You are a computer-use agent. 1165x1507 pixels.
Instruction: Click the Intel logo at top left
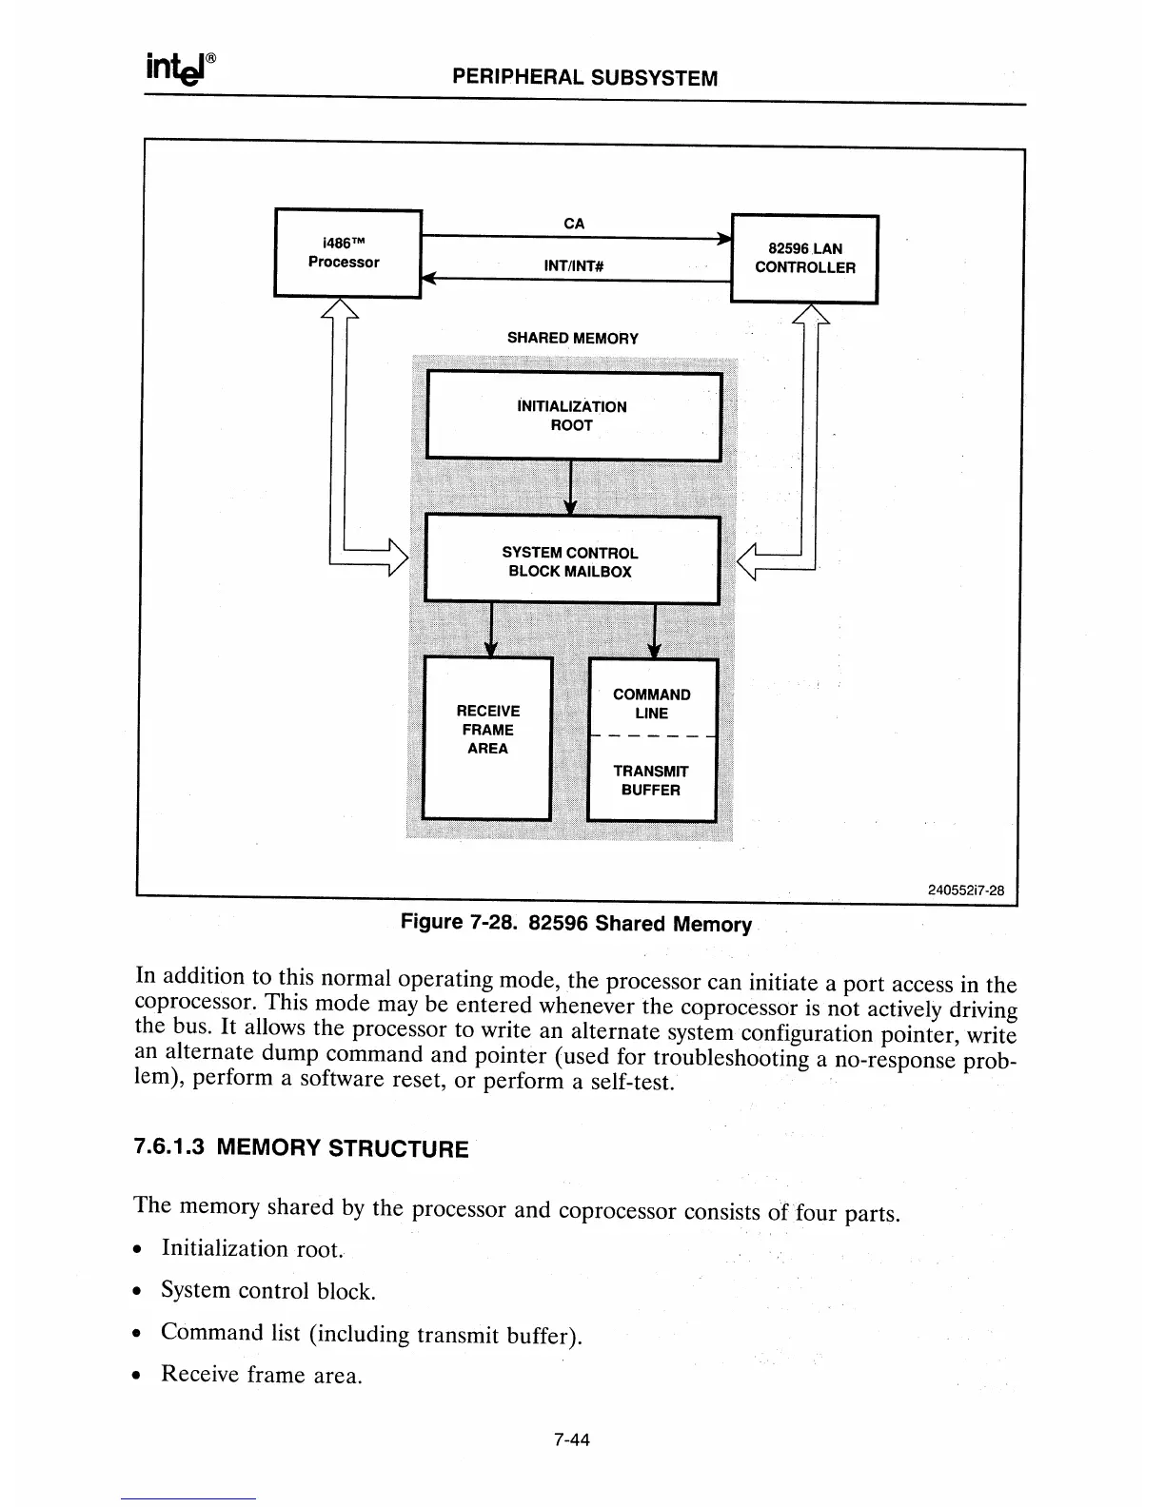pos(181,68)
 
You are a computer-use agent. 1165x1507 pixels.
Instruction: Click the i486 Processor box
pos(347,253)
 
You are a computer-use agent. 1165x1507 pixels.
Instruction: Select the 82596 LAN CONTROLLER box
pos(804,259)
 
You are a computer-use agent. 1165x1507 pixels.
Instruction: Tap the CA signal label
pos(574,224)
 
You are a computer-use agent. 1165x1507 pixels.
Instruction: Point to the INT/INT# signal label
pos(574,266)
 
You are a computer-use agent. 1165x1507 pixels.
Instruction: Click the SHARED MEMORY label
pos(572,338)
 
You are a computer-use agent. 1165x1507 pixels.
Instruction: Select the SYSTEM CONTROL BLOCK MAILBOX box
pos(571,561)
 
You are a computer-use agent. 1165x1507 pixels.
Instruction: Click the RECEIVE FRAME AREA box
pos(487,736)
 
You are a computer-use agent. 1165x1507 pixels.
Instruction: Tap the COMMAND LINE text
pos(652,704)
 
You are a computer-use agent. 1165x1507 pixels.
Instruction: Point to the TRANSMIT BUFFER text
pos(651,780)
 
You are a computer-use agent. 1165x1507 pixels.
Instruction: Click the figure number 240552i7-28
pos(966,890)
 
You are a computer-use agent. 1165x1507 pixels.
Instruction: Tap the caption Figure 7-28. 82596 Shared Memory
pos(576,924)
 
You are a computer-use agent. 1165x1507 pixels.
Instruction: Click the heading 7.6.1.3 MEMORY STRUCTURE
pos(302,1147)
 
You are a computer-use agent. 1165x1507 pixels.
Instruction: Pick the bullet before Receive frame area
pos(141,1376)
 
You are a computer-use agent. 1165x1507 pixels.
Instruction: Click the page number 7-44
pos(572,1439)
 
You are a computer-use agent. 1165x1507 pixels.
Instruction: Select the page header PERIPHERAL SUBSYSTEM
pos(584,78)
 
